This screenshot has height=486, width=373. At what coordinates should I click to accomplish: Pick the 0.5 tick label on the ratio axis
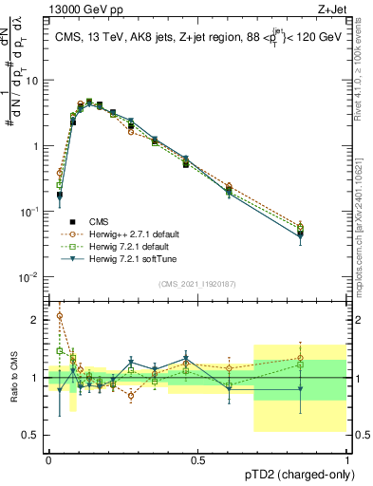[33, 435]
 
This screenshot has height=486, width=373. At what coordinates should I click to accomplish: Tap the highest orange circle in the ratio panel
[60, 316]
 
